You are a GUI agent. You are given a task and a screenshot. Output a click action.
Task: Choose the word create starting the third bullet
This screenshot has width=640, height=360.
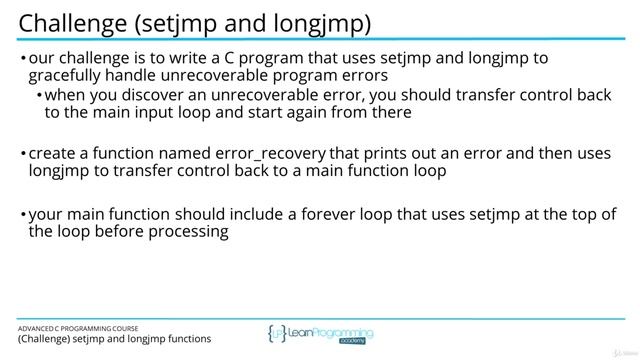pyautogui.click(x=54, y=154)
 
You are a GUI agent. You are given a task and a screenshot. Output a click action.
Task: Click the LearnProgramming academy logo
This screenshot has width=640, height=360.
pyautogui.click(x=320, y=335)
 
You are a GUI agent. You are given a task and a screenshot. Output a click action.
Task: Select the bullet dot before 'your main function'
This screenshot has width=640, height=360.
pyautogui.click(x=23, y=216)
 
